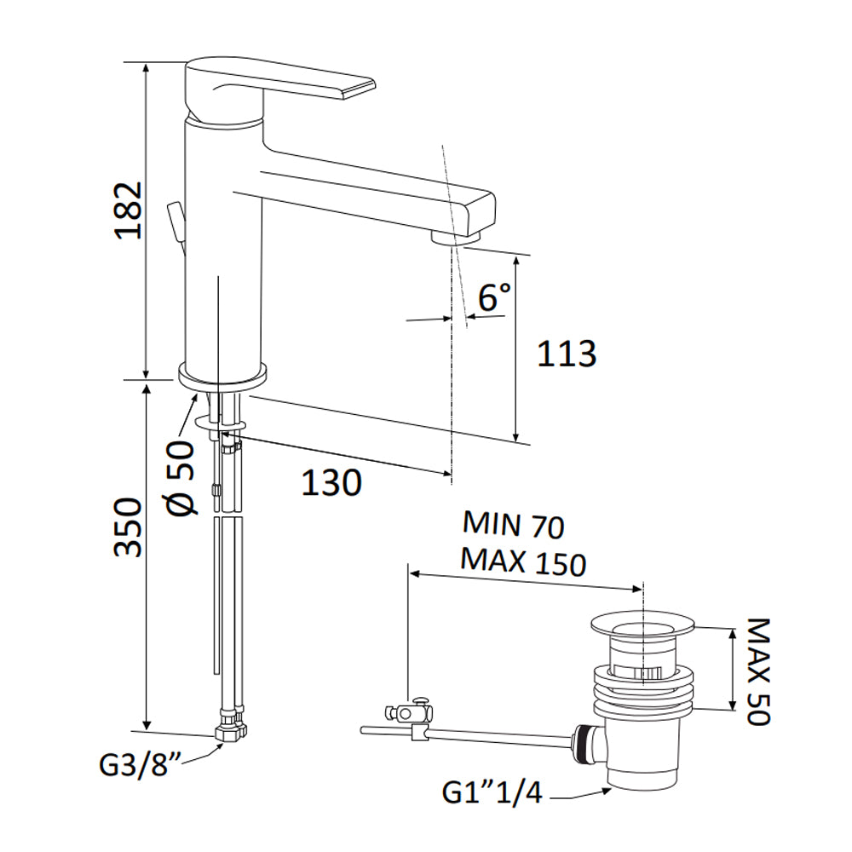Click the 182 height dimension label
(x=129, y=210)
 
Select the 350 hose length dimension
(x=129, y=527)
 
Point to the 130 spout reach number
(x=331, y=482)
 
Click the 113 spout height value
(x=567, y=354)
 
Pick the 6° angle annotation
(x=494, y=296)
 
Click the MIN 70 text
(x=514, y=524)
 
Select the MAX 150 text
(x=523, y=561)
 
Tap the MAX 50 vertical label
(x=758, y=671)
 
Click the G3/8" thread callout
(x=140, y=765)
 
